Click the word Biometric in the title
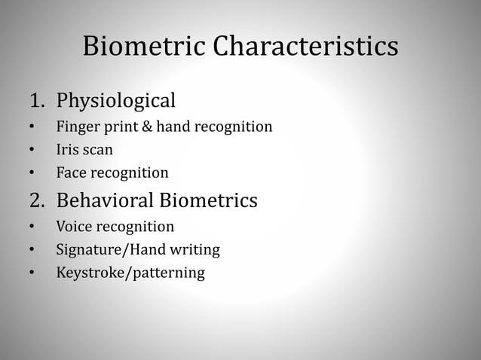coord(143,46)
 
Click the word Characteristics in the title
coord(305,46)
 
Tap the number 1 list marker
coord(35,100)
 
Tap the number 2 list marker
coord(36,201)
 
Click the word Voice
coord(75,226)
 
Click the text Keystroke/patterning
coord(130,272)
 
